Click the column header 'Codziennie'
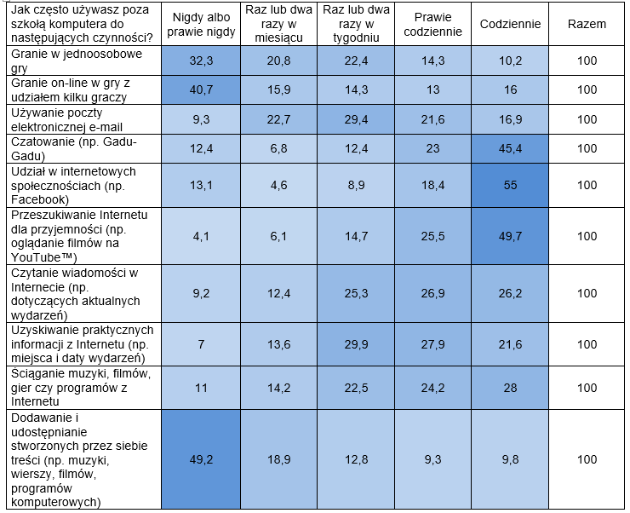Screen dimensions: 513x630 (x=510, y=25)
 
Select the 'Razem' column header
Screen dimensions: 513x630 (x=587, y=25)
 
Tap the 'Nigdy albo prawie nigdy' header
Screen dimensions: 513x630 (x=199, y=25)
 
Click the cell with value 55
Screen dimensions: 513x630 (x=510, y=184)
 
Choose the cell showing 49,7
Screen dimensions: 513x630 (x=510, y=234)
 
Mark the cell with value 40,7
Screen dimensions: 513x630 (x=199, y=89)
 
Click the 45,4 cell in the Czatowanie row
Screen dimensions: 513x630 (x=510, y=148)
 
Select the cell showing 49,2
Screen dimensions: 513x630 (x=199, y=459)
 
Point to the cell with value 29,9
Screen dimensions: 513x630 (x=357, y=343)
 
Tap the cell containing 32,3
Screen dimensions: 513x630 (x=199, y=61)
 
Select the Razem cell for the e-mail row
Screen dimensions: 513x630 (x=587, y=118)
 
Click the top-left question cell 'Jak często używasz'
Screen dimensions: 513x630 (x=82, y=24)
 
